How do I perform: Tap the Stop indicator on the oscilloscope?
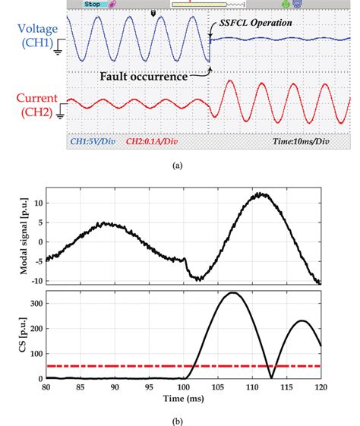(x=92, y=4)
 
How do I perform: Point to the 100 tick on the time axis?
(x=183, y=387)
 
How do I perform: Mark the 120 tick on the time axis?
(x=320, y=387)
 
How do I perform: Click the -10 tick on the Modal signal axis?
(x=33, y=281)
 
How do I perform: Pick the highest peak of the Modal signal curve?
(x=261, y=194)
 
